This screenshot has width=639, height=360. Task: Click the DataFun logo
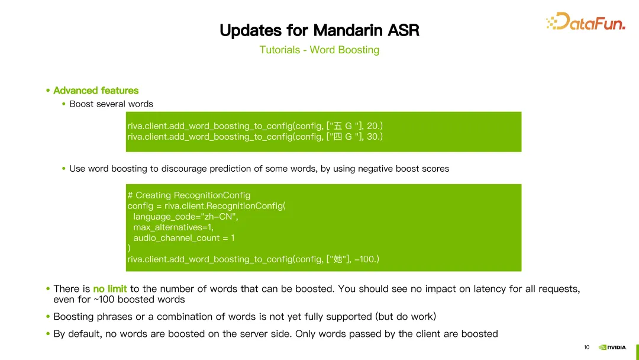coord(586,21)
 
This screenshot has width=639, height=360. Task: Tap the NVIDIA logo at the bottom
coord(612,348)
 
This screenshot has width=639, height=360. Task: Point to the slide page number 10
coord(586,348)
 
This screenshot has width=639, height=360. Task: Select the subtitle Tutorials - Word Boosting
coord(319,50)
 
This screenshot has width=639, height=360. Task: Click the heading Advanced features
coord(96,91)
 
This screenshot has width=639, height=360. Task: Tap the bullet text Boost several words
coord(111,104)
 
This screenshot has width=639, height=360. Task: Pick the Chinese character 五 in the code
coord(337,126)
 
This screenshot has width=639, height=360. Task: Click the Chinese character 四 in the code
coord(337,137)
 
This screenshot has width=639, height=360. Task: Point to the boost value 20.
coord(373,126)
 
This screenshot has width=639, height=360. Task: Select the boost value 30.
coord(373,137)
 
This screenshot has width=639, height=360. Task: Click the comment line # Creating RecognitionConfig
coord(189,195)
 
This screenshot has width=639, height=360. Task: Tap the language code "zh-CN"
coord(220,217)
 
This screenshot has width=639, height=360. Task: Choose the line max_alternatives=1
coord(173,227)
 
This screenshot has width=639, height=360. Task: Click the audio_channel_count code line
coord(184,237)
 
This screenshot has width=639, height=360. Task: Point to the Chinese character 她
coord(337,259)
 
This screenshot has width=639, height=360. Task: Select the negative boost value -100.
coord(365,259)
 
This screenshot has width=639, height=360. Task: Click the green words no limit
coord(110,289)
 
